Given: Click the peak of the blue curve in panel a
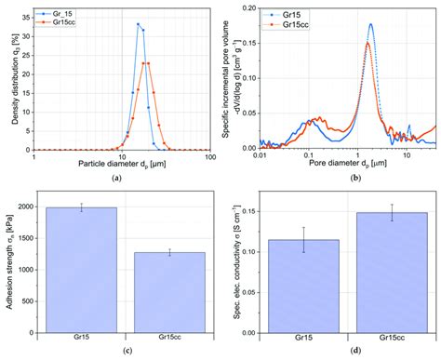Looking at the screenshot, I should point(138,24).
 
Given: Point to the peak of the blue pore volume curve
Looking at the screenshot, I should point(370,24).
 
